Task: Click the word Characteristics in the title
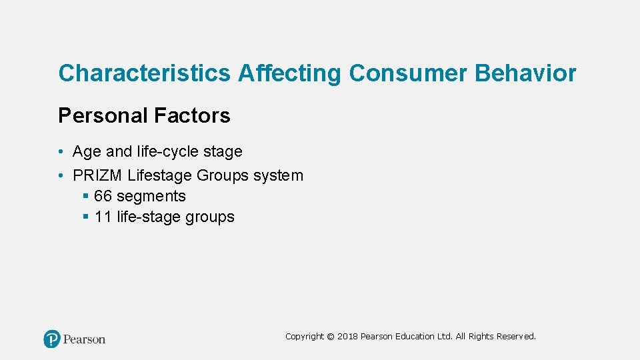click(x=145, y=73)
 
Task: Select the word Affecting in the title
click(x=289, y=73)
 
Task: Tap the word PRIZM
click(x=97, y=175)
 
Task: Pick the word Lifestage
click(x=160, y=175)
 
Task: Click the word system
click(x=278, y=175)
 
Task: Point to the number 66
click(x=103, y=196)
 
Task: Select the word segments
click(x=151, y=196)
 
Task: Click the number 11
click(x=103, y=217)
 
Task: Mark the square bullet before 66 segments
click(x=86, y=196)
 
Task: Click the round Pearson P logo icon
click(x=52, y=339)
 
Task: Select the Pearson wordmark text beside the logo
click(x=85, y=339)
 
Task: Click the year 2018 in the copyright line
click(x=347, y=337)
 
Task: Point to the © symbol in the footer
click(x=331, y=337)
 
